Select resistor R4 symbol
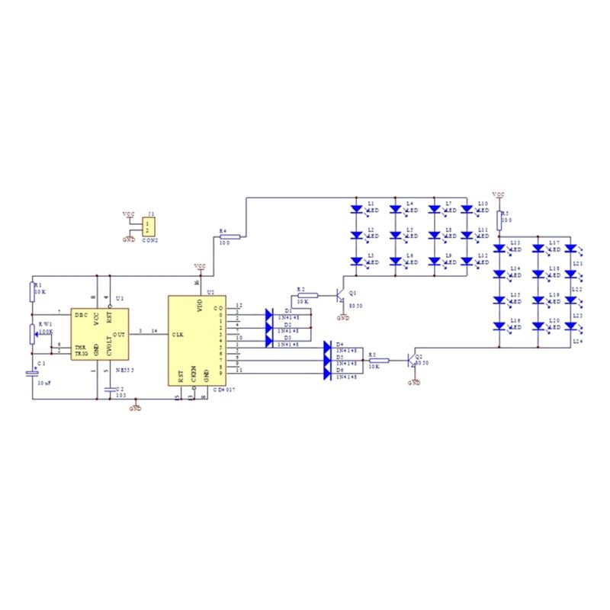(x=229, y=236)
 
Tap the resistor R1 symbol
(x=31, y=289)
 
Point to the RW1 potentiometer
(x=31, y=333)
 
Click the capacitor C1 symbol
(x=31, y=374)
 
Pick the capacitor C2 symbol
(x=111, y=389)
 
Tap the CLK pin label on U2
(x=178, y=334)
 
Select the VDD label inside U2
(x=201, y=306)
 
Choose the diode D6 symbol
(x=327, y=371)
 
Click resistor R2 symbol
(x=307, y=294)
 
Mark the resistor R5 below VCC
(x=499, y=220)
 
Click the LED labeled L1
(x=356, y=207)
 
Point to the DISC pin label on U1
(x=81, y=314)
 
